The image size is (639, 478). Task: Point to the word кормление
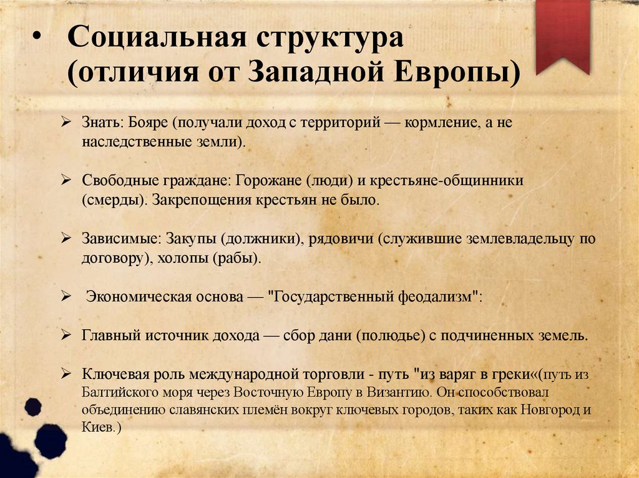click(x=441, y=123)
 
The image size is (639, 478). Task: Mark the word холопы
click(x=178, y=259)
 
